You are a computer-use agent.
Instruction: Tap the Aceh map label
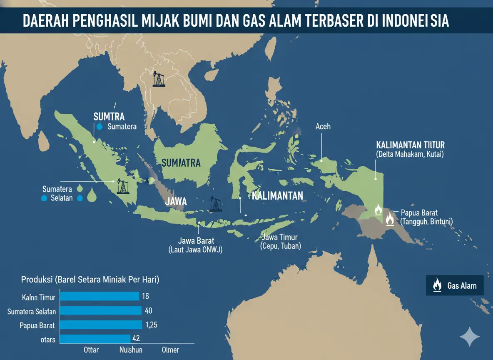[323, 126]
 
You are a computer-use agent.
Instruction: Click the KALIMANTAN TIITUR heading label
[410, 145]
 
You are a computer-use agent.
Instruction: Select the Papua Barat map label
[419, 212]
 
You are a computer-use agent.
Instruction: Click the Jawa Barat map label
[196, 241]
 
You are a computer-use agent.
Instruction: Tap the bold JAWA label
[176, 202]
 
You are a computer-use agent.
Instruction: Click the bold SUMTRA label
[109, 116]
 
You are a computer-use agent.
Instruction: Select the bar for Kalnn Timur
[100, 296]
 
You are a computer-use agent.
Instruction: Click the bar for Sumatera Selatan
[101, 311]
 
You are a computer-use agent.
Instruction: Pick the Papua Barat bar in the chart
[101, 325]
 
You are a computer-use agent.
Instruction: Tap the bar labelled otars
[95, 339]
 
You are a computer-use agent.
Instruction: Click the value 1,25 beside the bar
[151, 325]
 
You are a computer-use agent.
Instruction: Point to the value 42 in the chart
[136, 339]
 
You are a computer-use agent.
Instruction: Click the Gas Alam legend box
[454, 286]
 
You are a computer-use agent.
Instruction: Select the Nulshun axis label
[130, 350]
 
